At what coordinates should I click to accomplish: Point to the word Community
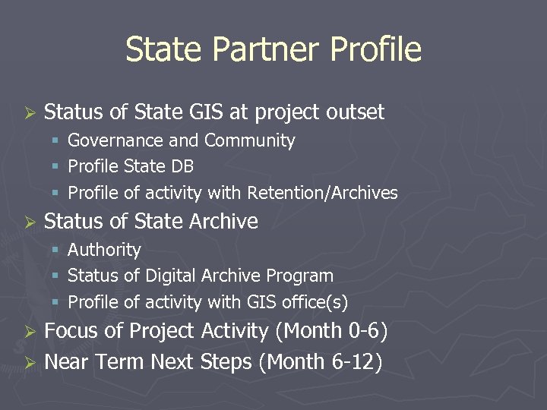(250, 140)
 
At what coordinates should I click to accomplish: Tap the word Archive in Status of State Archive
(223, 221)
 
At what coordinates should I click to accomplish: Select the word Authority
(105, 250)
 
